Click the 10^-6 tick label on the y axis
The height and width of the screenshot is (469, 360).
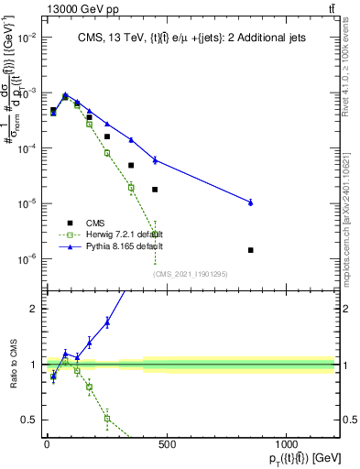pyautogui.click(x=27, y=259)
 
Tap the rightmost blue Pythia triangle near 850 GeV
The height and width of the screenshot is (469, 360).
pyautogui.click(x=251, y=202)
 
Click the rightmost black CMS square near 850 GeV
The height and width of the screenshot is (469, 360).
pyautogui.click(x=251, y=249)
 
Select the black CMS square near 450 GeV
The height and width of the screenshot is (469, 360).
pyautogui.click(x=155, y=190)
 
